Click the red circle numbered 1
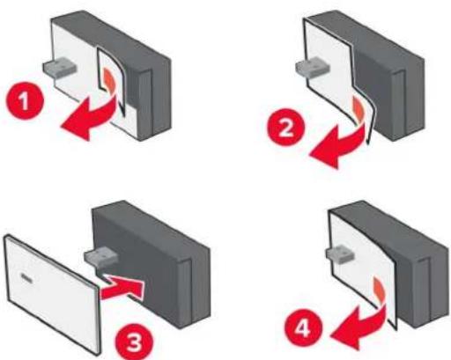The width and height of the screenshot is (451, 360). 25,100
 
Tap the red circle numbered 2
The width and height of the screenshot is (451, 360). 285,127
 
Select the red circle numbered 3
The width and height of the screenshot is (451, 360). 134,342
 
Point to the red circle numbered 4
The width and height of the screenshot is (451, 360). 302,327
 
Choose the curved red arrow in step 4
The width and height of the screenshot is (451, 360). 361,328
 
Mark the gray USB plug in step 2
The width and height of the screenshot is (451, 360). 313,66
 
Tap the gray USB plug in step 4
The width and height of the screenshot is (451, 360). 341,254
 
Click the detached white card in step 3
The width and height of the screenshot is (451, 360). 53,293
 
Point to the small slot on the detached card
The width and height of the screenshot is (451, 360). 27,276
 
